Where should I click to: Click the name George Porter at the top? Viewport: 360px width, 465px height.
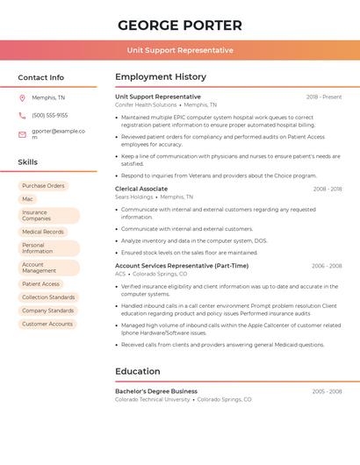(179, 25)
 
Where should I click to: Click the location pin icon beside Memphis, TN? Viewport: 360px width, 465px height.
(22, 97)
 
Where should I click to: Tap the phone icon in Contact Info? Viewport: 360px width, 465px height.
(22, 115)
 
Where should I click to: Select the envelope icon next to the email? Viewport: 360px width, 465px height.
(22, 134)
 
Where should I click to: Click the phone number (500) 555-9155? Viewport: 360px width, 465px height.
(49, 115)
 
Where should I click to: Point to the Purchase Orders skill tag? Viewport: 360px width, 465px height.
(43, 186)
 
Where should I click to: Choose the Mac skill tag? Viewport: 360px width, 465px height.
(28, 199)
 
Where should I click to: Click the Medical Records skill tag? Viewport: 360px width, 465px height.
(43, 232)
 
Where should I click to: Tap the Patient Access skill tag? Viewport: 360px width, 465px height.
(41, 284)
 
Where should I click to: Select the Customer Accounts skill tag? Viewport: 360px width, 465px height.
(47, 324)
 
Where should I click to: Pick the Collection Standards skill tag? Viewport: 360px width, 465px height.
(48, 297)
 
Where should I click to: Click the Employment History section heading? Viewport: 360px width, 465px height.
(161, 77)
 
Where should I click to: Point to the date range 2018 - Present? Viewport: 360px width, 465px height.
(324, 97)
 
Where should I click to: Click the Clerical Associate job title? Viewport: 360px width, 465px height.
(141, 189)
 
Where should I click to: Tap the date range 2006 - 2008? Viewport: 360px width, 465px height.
(327, 266)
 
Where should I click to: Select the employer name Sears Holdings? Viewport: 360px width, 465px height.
(134, 197)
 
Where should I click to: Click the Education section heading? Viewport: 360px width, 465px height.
(138, 371)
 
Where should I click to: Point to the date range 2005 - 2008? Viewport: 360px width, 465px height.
(327, 391)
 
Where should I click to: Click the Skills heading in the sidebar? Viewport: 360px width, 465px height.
(28, 162)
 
